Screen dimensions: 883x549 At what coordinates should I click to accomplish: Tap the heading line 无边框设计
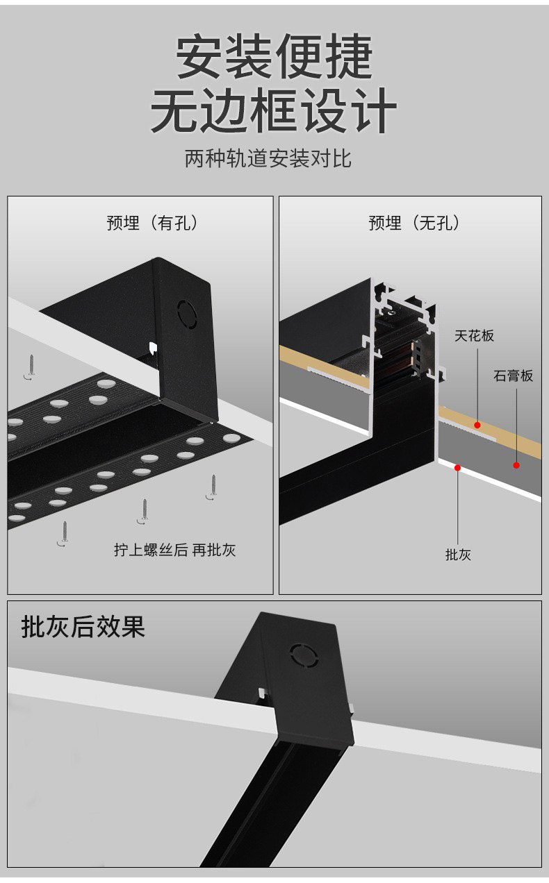pyautogui.click(x=274, y=111)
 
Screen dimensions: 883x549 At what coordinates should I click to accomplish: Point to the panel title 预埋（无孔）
pyautogui.click(x=414, y=223)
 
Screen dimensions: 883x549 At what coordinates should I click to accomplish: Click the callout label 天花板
pyautogui.click(x=475, y=335)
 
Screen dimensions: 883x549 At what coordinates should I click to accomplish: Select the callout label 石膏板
pyautogui.click(x=514, y=376)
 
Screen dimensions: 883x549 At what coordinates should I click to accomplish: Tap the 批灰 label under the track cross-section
pyautogui.click(x=458, y=554)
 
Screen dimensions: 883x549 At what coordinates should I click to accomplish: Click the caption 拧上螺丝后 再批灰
pyautogui.click(x=175, y=550)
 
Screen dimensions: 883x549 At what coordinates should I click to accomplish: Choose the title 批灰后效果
pyautogui.click(x=83, y=626)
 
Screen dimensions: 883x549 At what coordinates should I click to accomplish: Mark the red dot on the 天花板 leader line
pyautogui.click(x=477, y=424)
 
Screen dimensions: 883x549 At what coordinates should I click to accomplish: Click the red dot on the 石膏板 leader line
pyautogui.click(x=516, y=464)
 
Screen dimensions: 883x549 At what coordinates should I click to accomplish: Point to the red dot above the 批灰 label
pyautogui.click(x=458, y=468)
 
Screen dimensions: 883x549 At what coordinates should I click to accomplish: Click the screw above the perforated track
pyautogui.click(x=31, y=367)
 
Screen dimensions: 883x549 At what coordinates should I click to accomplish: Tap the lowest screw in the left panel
pyautogui.click(x=65, y=534)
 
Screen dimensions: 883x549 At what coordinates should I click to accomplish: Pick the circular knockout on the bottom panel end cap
pyautogui.click(x=303, y=654)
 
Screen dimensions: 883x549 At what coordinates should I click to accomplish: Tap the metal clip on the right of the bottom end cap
pyautogui.click(x=352, y=709)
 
